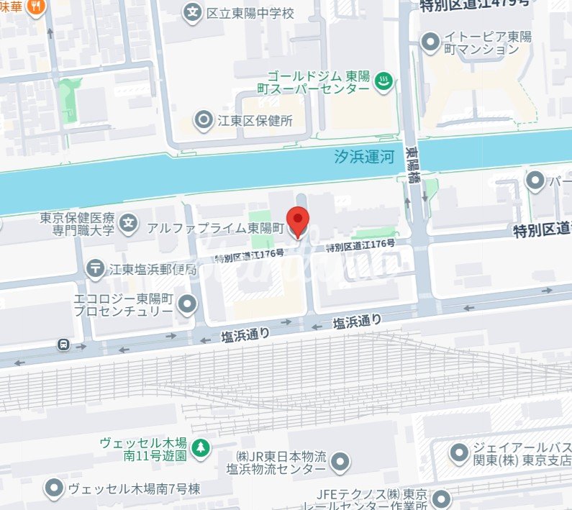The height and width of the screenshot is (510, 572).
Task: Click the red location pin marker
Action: point(298,219)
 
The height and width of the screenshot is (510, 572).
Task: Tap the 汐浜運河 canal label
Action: point(365,157)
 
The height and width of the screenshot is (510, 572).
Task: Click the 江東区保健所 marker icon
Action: point(204,120)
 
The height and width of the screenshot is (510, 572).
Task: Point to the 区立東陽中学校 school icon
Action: point(192,12)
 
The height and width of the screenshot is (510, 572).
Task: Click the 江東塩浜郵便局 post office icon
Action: point(95,269)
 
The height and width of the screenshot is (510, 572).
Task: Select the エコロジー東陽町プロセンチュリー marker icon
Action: point(188,305)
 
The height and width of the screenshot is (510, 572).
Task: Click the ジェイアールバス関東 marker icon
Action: point(458,452)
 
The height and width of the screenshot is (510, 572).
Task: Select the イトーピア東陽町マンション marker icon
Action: point(430,42)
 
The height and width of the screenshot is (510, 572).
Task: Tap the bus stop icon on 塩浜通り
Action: point(64,345)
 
